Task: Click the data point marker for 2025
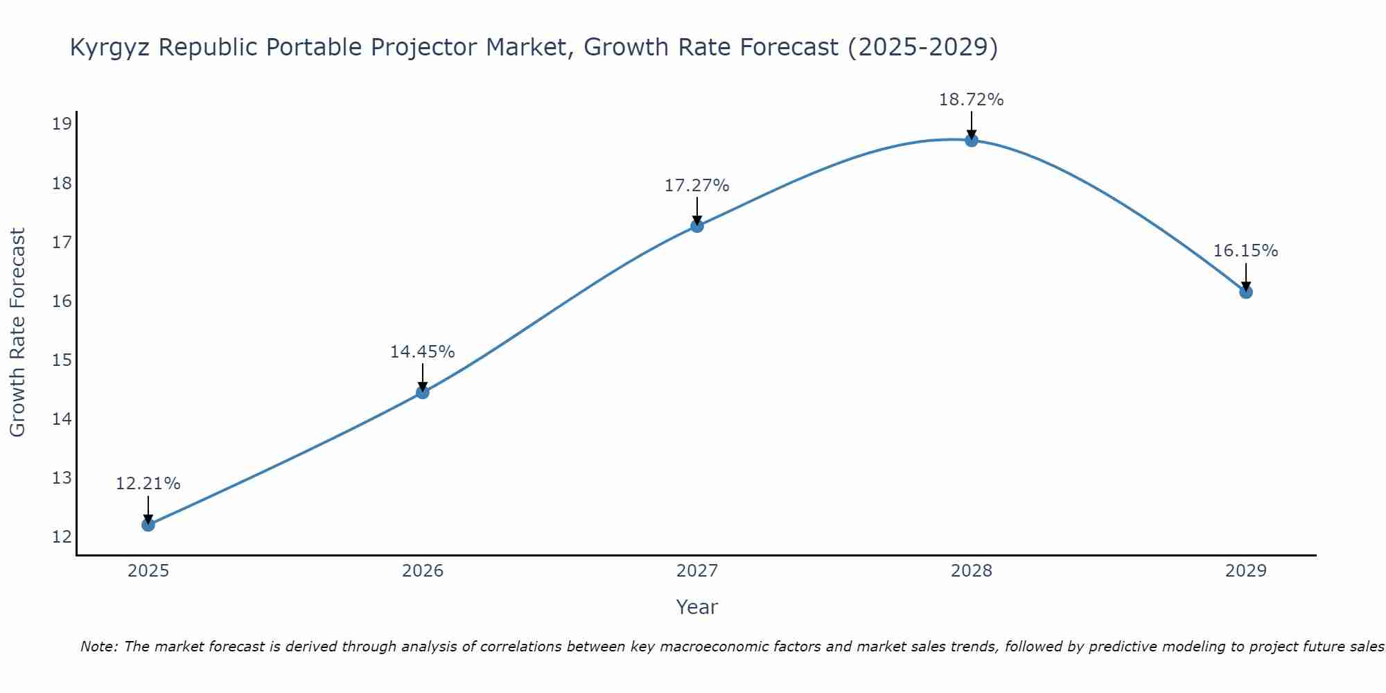[x=148, y=525]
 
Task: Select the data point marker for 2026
[x=423, y=392]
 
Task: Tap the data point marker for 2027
[x=697, y=226]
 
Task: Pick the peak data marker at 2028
[x=972, y=141]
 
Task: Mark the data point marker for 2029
[x=1246, y=292]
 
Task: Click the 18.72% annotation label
[x=971, y=100]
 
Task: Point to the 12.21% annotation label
[x=148, y=484]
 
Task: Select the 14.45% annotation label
[x=422, y=352]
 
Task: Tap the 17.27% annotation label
[x=696, y=186]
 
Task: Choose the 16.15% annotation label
[x=1245, y=251]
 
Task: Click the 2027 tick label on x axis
[x=697, y=571]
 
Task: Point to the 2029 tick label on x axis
[x=1246, y=571]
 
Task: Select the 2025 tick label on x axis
[x=148, y=571]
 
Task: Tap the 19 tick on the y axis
[x=62, y=125]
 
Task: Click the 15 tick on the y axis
[x=62, y=360]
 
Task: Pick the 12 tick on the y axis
[x=62, y=537]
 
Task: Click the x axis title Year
[x=696, y=607]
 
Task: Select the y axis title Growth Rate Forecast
[x=17, y=332]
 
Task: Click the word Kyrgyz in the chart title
[x=111, y=48]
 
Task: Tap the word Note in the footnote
[x=99, y=647]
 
